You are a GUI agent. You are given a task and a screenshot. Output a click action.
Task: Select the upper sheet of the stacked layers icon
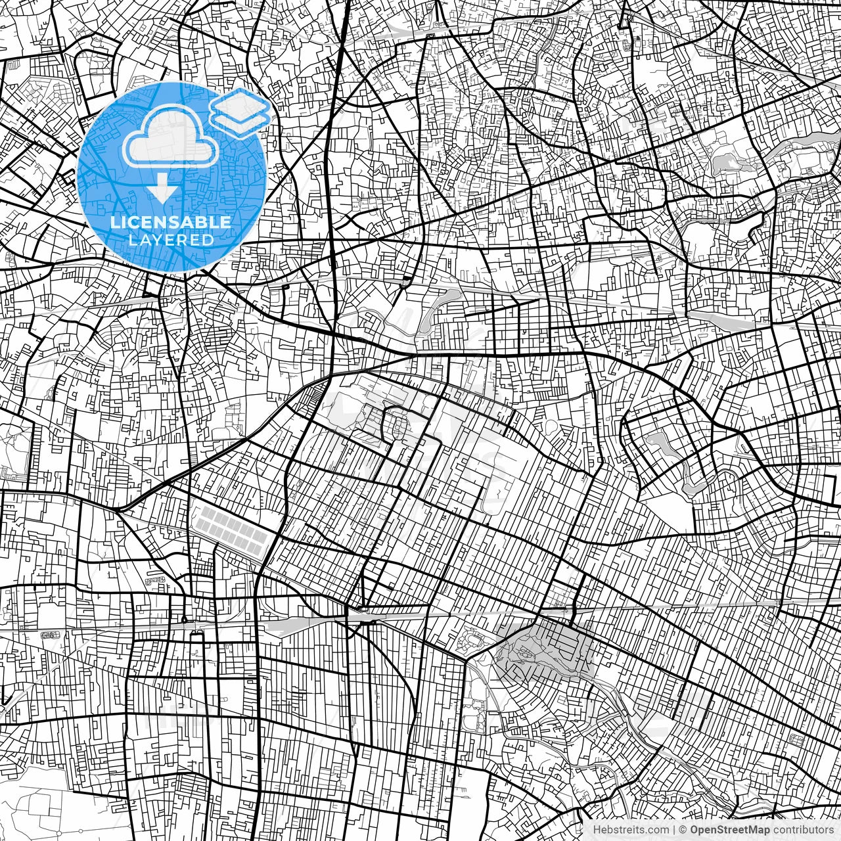(241, 104)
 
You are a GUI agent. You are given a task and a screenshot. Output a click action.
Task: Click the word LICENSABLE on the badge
(170, 222)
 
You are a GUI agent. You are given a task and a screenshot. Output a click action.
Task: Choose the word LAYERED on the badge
(171, 240)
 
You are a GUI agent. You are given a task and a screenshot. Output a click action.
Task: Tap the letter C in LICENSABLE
(133, 222)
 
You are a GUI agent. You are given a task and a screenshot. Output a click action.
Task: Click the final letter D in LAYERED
(207, 240)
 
